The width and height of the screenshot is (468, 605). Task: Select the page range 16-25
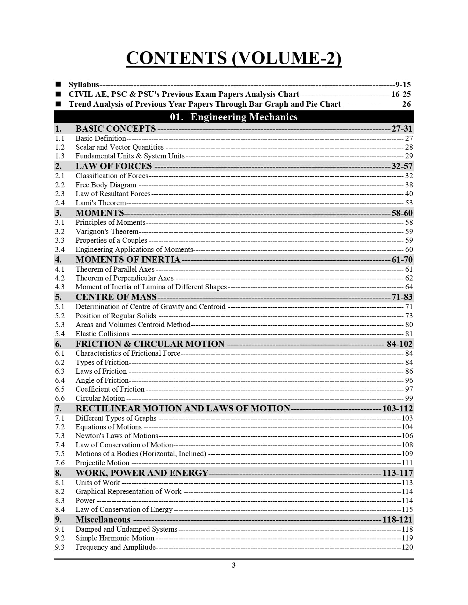pyautogui.click(x=401, y=94)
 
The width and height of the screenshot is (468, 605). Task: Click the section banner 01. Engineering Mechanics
pyautogui.click(x=234, y=117)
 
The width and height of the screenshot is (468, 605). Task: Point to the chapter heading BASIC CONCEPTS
pyautogui.click(x=116, y=129)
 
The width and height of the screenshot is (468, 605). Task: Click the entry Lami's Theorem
pyautogui.click(x=101, y=203)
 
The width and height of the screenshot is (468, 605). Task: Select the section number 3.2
pyautogui.click(x=60, y=231)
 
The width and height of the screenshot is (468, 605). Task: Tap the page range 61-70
pyautogui.click(x=402, y=260)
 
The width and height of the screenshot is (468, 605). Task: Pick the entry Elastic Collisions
pyautogui.click(x=102, y=334)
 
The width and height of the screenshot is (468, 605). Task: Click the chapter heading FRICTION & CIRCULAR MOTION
pyautogui.click(x=150, y=344)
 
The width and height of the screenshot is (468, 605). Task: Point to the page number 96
pyautogui.click(x=409, y=380)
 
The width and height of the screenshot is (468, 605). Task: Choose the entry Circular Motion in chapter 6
pyautogui.click(x=100, y=398)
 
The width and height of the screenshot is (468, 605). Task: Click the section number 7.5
pyautogui.click(x=60, y=454)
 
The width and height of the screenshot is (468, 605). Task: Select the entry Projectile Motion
pyautogui.click(x=102, y=463)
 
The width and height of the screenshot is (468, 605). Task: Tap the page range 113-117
pyautogui.click(x=398, y=473)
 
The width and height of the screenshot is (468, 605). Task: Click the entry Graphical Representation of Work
pyautogui.click(x=128, y=491)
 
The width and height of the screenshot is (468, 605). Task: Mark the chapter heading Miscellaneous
pyautogui.click(x=103, y=520)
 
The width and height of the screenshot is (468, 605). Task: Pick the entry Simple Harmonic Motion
pyautogui.click(x=115, y=538)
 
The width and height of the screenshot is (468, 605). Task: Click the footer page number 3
pyautogui.click(x=234, y=565)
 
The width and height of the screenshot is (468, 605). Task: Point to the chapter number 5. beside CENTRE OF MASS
pyautogui.click(x=58, y=297)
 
